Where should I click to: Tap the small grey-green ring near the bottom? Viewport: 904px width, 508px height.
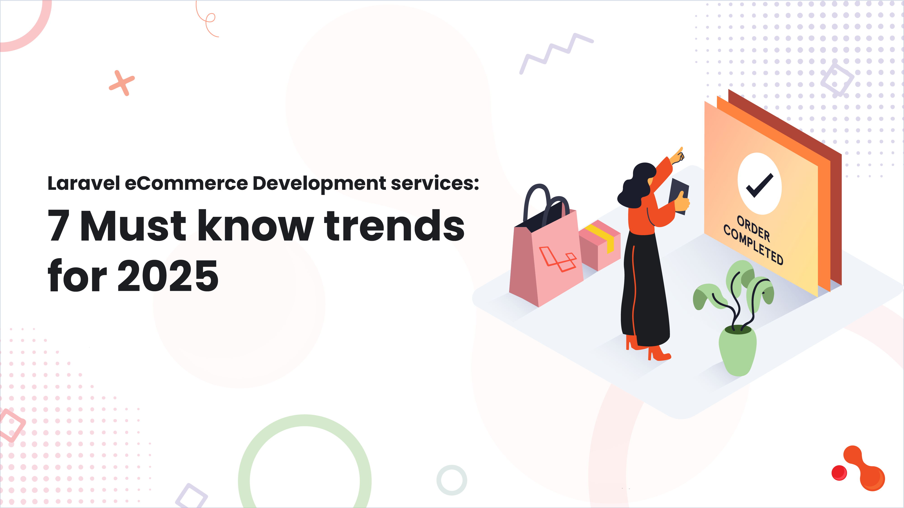(x=452, y=480)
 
